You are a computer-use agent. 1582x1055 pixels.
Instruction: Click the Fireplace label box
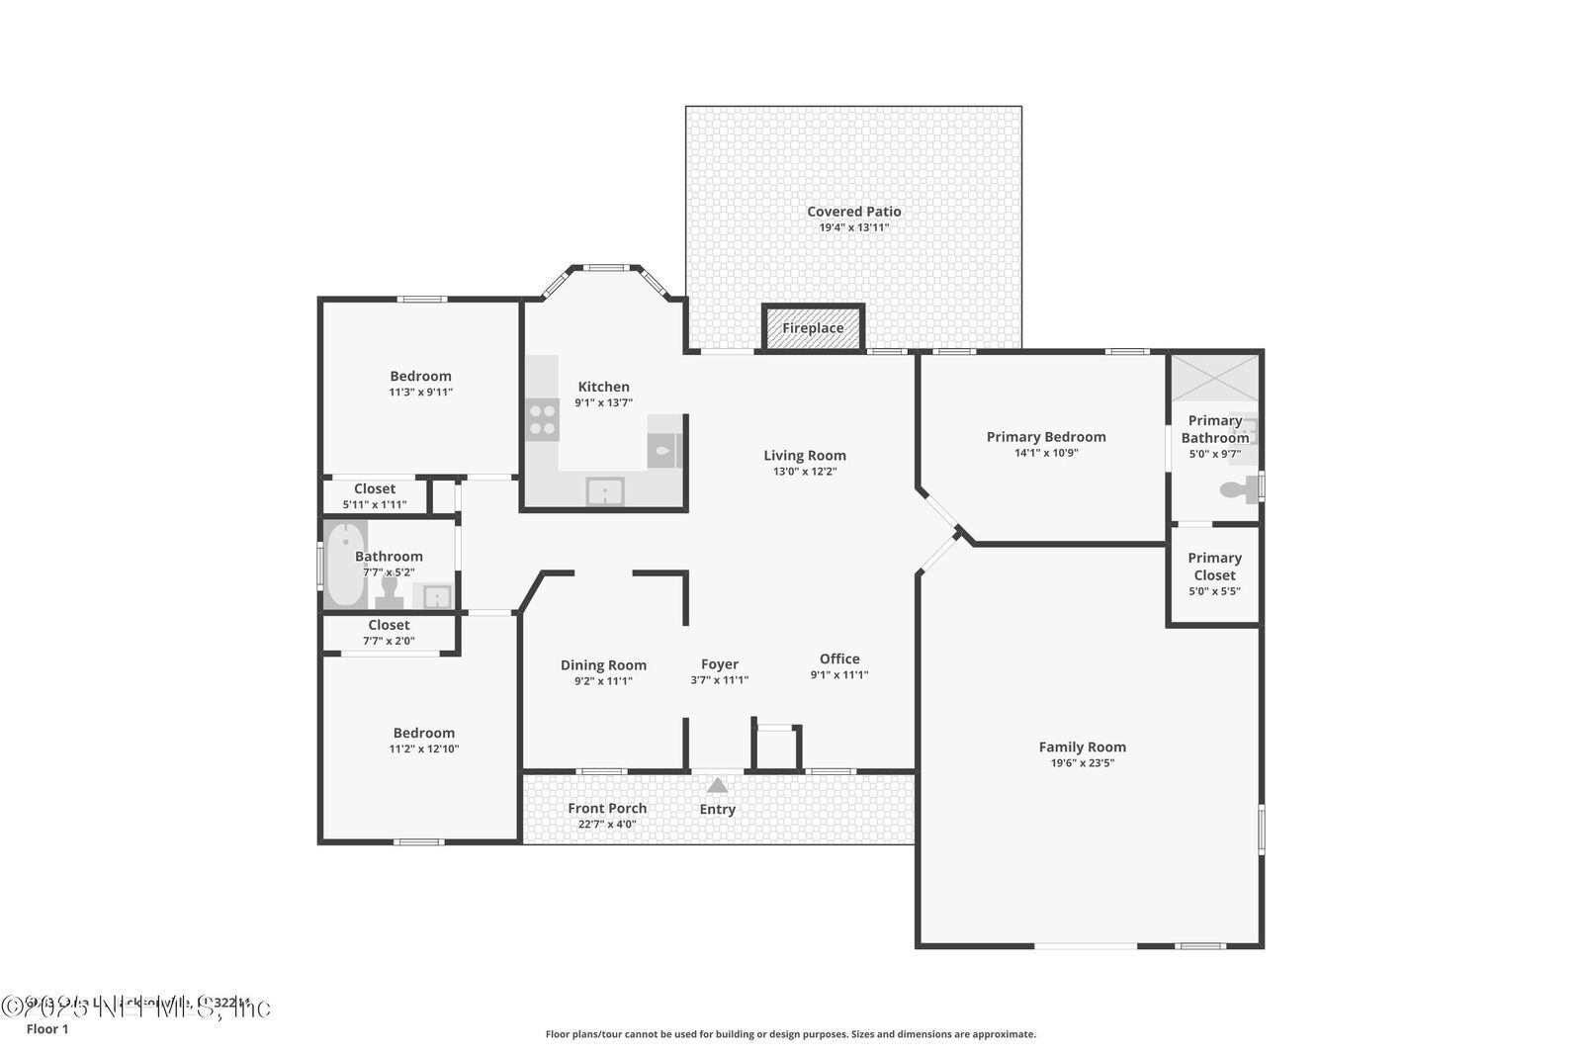tap(813, 328)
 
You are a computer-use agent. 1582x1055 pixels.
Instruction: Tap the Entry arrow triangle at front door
tap(718, 786)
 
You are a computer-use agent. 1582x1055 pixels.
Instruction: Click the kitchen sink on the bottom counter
tap(603, 490)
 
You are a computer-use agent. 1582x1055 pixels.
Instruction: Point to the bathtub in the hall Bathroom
tap(345, 564)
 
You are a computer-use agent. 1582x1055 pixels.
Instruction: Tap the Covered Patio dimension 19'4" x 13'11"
tap(854, 227)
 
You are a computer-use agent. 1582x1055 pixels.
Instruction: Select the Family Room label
tap(1082, 747)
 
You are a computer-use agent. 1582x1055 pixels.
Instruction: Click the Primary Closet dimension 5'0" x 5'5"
tap(1214, 591)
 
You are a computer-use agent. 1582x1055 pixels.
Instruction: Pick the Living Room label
tap(805, 456)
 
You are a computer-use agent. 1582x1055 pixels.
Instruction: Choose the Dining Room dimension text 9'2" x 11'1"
tap(603, 681)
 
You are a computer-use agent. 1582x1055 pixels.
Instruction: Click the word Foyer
tap(720, 664)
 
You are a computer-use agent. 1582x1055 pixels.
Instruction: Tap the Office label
tap(839, 659)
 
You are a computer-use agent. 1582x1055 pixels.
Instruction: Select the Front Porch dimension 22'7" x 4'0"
tap(607, 824)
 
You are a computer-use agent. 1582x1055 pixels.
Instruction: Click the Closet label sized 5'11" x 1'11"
tap(375, 488)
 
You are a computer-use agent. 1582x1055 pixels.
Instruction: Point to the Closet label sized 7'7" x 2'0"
tap(389, 625)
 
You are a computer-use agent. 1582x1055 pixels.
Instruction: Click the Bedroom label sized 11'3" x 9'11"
tap(420, 376)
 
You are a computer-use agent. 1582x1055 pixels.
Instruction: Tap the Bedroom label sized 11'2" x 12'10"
tap(424, 733)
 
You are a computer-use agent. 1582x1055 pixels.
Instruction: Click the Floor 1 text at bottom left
tap(47, 1029)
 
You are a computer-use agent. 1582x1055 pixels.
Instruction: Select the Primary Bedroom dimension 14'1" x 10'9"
tap(1046, 453)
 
